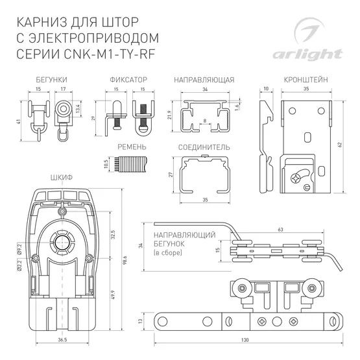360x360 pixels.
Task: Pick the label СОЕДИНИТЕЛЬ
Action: [204, 147]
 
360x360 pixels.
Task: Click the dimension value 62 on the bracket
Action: [340, 145]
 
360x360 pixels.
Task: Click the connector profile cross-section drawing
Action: [204, 176]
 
